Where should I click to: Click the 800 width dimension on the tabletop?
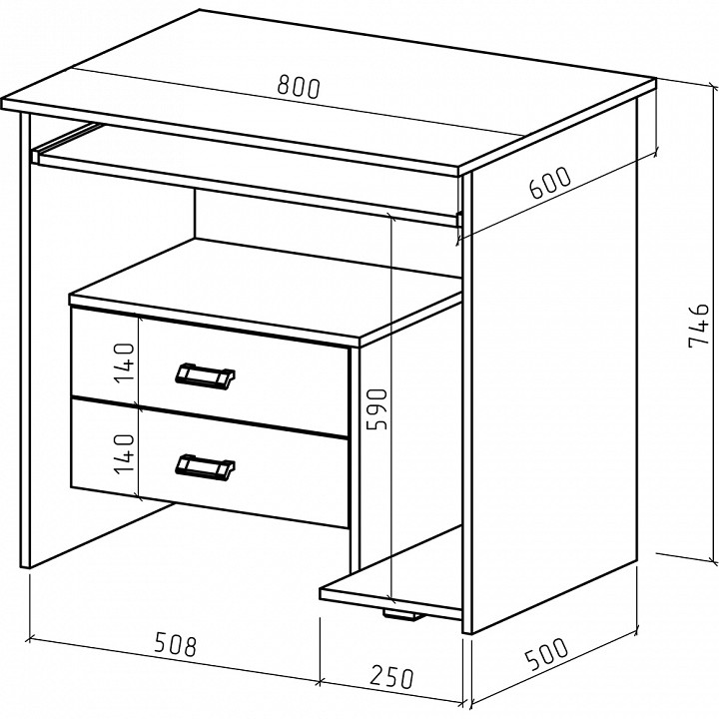tap(299, 87)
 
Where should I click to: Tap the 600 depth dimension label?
tap(550, 182)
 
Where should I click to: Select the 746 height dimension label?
tap(699, 325)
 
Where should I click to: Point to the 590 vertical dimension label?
tap(377, 409)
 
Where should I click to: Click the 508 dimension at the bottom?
tap(175, 644)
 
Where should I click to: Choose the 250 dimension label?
tap(392, 677)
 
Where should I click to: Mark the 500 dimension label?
tap(546, 653)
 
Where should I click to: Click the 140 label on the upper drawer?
tap(124, 362)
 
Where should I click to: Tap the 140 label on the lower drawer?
tap(124, 454)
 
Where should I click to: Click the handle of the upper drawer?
tap(205, 376)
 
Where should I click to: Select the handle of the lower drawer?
tap(205, 467)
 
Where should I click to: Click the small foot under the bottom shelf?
tap(403, 614)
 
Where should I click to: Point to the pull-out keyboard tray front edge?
tap(248, 188)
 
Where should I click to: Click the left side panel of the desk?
tap(26, 341)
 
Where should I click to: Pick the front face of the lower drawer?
tap(210, 463)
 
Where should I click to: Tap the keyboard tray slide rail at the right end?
tap(458, 219)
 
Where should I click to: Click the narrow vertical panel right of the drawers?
tap(354, 458)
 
